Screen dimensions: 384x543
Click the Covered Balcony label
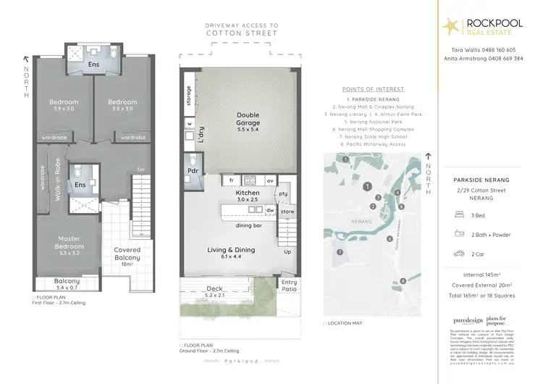point(127,254)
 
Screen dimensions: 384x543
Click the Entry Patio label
point(289,285)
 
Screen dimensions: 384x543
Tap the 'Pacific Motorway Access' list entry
point(373,144)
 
